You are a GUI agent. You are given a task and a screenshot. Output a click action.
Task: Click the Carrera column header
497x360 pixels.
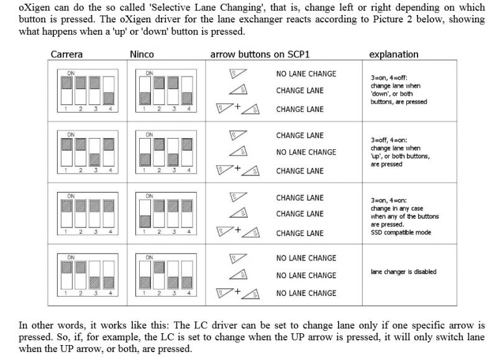click(x=66, y=54)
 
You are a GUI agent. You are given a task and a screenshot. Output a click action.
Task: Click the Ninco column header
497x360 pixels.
click(x=142, y=54)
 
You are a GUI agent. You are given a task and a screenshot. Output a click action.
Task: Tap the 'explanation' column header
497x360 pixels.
click(x=394, y=54)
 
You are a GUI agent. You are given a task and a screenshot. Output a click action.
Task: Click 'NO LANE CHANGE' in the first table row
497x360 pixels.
click(x=306, y=74)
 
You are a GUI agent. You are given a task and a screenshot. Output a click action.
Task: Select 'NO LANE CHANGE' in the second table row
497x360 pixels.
click(x=306, y=152)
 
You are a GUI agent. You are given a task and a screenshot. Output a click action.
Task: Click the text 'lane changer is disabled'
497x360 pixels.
click(x=404, y=272)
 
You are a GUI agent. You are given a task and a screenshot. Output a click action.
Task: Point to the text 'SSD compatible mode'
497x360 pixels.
click(x=401, y=233)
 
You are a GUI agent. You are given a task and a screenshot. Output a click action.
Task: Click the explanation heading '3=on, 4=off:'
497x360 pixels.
click(x=390, y=78)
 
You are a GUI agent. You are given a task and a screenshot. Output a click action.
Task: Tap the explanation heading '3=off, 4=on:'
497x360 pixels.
click(x=390, y=141)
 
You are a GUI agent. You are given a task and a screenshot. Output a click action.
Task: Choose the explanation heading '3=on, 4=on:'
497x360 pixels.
click(x=389, y=201)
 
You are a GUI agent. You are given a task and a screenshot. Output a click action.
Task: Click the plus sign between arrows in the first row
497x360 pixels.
click(x=237, y=107)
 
